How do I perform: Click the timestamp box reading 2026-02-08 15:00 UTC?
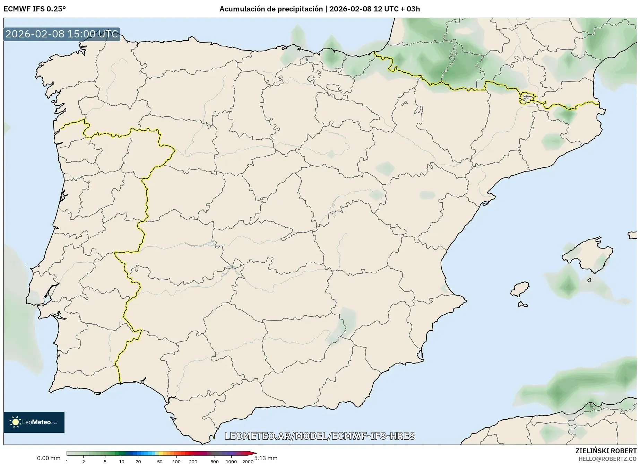[62, 34]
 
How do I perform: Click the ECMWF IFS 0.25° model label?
[35, 9]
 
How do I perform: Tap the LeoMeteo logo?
[34, 422]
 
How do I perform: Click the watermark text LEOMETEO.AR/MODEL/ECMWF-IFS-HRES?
[320, 436]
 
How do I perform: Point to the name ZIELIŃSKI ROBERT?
[606, 451]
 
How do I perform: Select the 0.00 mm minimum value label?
[49, 458]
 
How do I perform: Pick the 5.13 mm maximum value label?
[266, 458]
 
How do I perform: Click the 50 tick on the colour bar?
[159, 453]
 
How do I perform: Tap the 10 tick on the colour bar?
[122, 453]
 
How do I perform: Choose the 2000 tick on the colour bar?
[248, 453]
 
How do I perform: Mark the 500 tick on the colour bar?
[215, 453]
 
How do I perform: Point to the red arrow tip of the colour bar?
[254, 453]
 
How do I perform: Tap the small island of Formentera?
[523, 305]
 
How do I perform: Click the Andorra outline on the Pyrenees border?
[526, 98]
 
